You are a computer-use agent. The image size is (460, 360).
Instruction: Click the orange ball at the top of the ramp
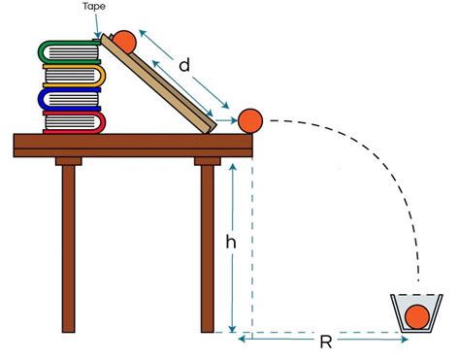tap(125, 42)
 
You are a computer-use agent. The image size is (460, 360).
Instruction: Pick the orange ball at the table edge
tap(250, 119)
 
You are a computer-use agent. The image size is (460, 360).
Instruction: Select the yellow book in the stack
tap(74, 76)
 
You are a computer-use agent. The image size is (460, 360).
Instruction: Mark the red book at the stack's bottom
tap(74, 122)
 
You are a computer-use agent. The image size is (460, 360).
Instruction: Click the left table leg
tap(69, 247)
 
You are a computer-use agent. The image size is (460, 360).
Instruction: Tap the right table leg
tap(207, 247)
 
